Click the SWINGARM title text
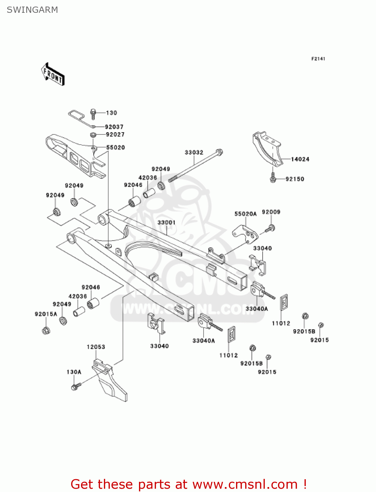coord(32,10)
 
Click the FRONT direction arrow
coord(53,74)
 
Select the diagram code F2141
coord(318,59)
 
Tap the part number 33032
coord(194,153)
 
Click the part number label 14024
coord(300,159)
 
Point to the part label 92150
coord(295,179)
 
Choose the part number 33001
coord(167,222)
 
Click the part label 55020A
coord(245,214)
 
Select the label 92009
coord(271,212)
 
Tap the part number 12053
coord(96,347)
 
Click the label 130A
coord(74,372)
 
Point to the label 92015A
coord(46,314)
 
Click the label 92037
coord(114,127)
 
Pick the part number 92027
coord(115,134)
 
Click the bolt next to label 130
coord(93,113)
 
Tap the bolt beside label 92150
coord(273,178)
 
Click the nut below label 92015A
coord(46,330)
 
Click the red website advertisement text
coord(188,484)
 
